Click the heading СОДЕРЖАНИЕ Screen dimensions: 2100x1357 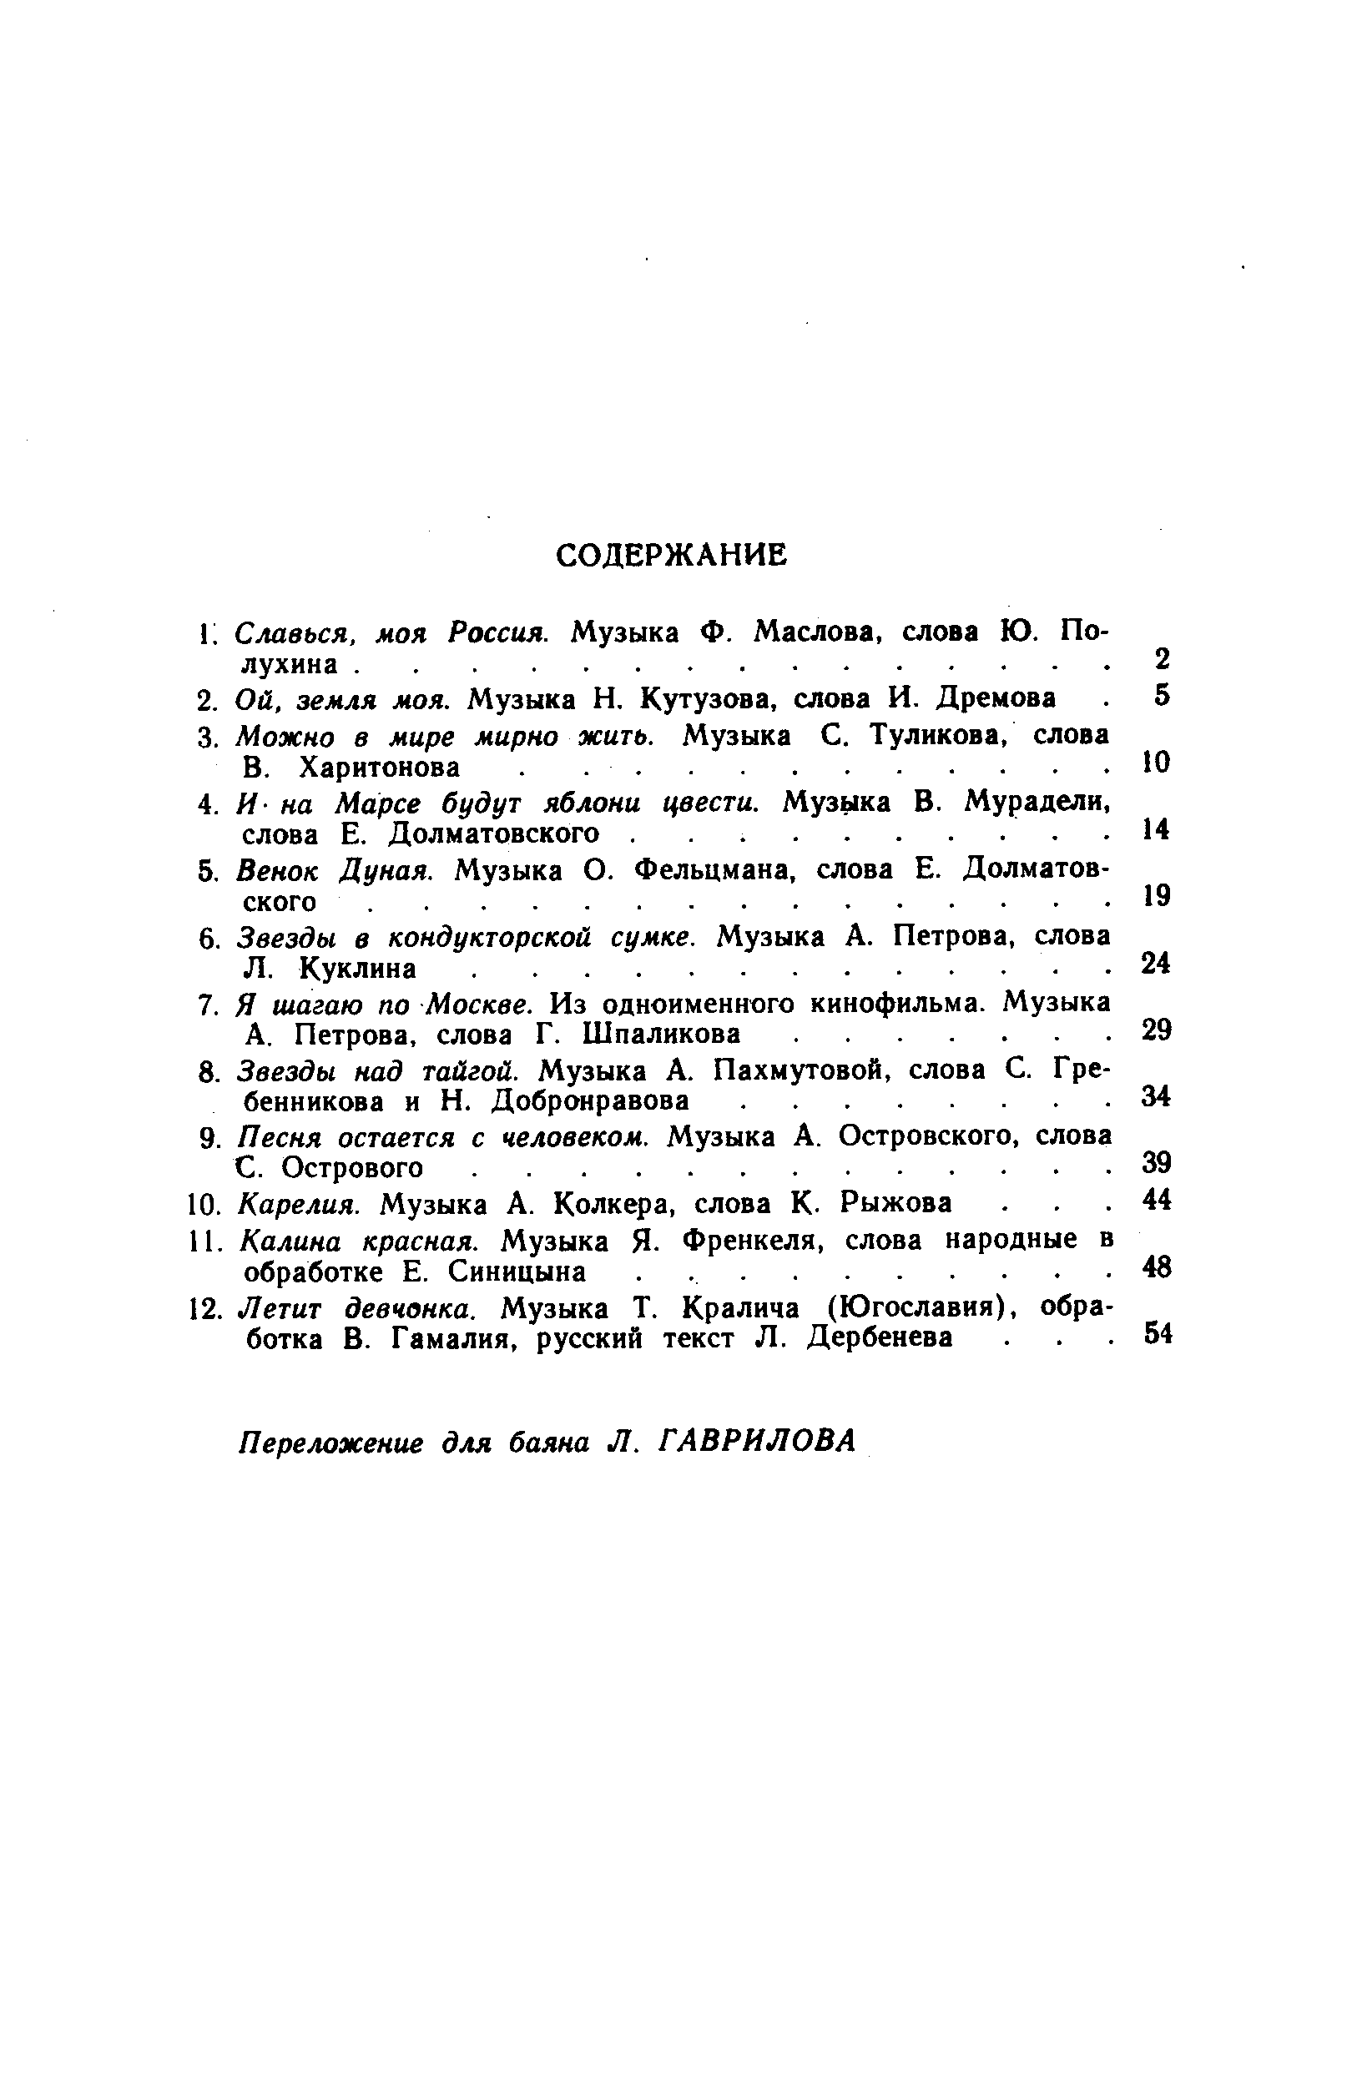coord(673,555)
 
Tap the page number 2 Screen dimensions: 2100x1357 coord(1163,659)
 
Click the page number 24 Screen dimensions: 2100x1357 coord(1156,964)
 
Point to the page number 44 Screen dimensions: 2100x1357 coord(1157,1200)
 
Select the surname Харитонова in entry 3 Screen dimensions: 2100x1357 coord(380,768)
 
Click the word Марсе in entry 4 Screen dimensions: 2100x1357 coord(378,803)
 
